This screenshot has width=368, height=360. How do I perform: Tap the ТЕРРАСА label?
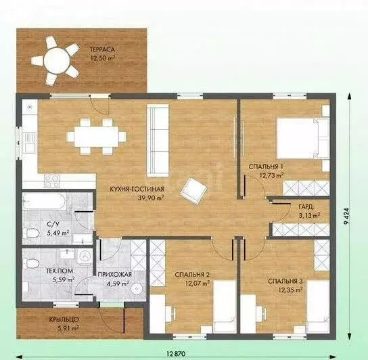click(x=102, y=49)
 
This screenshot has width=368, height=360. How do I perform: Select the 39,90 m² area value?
click(x=150, y=198)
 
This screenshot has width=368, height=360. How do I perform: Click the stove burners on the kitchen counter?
click(x=52, y=181)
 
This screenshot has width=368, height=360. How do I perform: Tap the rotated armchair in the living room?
click(x=193, y=191)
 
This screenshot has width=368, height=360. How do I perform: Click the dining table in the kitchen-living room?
click(x=97, y=137)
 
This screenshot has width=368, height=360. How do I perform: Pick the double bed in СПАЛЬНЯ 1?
click(x=303, y=138)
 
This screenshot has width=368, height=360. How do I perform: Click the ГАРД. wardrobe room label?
click(x=306, y=207)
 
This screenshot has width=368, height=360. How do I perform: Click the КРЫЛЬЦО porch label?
click(x=64, y=319)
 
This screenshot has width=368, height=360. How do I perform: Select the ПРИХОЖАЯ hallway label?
click(x=115, y=274)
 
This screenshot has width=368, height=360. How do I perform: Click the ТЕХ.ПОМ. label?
click(x=61, y=271)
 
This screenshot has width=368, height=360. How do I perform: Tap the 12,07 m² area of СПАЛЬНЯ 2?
click(x=198, y=284)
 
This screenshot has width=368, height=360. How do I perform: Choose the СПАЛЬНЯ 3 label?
click(x=285, y=281)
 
